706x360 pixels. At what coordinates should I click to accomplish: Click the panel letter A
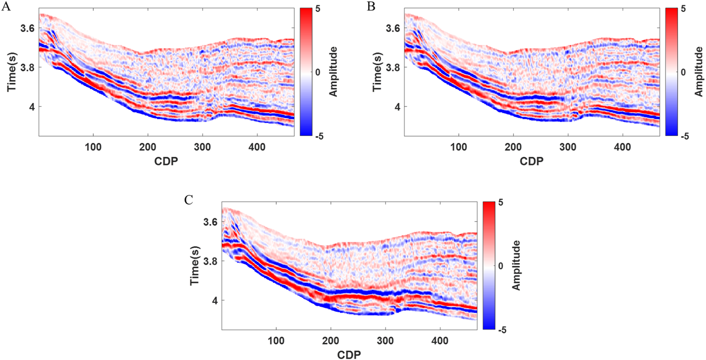(x=6, y=7)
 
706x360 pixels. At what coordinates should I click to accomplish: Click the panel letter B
(x=371, y=7)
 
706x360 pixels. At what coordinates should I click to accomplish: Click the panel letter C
(x=189, y=200)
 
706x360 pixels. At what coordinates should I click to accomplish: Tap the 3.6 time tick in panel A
(x=27, y=28)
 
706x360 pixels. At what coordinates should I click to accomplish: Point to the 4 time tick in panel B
(x=397, y=107)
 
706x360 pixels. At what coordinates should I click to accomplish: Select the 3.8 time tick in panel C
(x=210, y=262)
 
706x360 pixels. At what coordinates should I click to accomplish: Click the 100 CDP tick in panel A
(x=93, y=147)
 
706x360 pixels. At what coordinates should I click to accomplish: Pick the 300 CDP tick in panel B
(x=568, y=147)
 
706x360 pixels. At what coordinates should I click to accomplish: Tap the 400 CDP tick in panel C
(x=440, y=341)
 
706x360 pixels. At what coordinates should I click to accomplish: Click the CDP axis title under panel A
(x=166, y=161)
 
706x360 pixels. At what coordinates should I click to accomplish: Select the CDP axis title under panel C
(x=349, y=355)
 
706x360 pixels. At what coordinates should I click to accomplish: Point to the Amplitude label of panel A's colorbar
(x=333, y=72)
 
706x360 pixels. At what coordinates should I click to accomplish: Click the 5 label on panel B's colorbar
(x=683, y=9)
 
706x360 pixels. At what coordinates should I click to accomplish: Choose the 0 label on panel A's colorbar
(x=318, y=72)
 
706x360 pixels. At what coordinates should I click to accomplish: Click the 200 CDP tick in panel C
(x=330, y=341)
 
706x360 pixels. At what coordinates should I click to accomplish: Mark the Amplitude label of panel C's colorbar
(x=516, y=266)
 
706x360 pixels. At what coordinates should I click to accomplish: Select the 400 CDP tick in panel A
(x=257, y=147)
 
